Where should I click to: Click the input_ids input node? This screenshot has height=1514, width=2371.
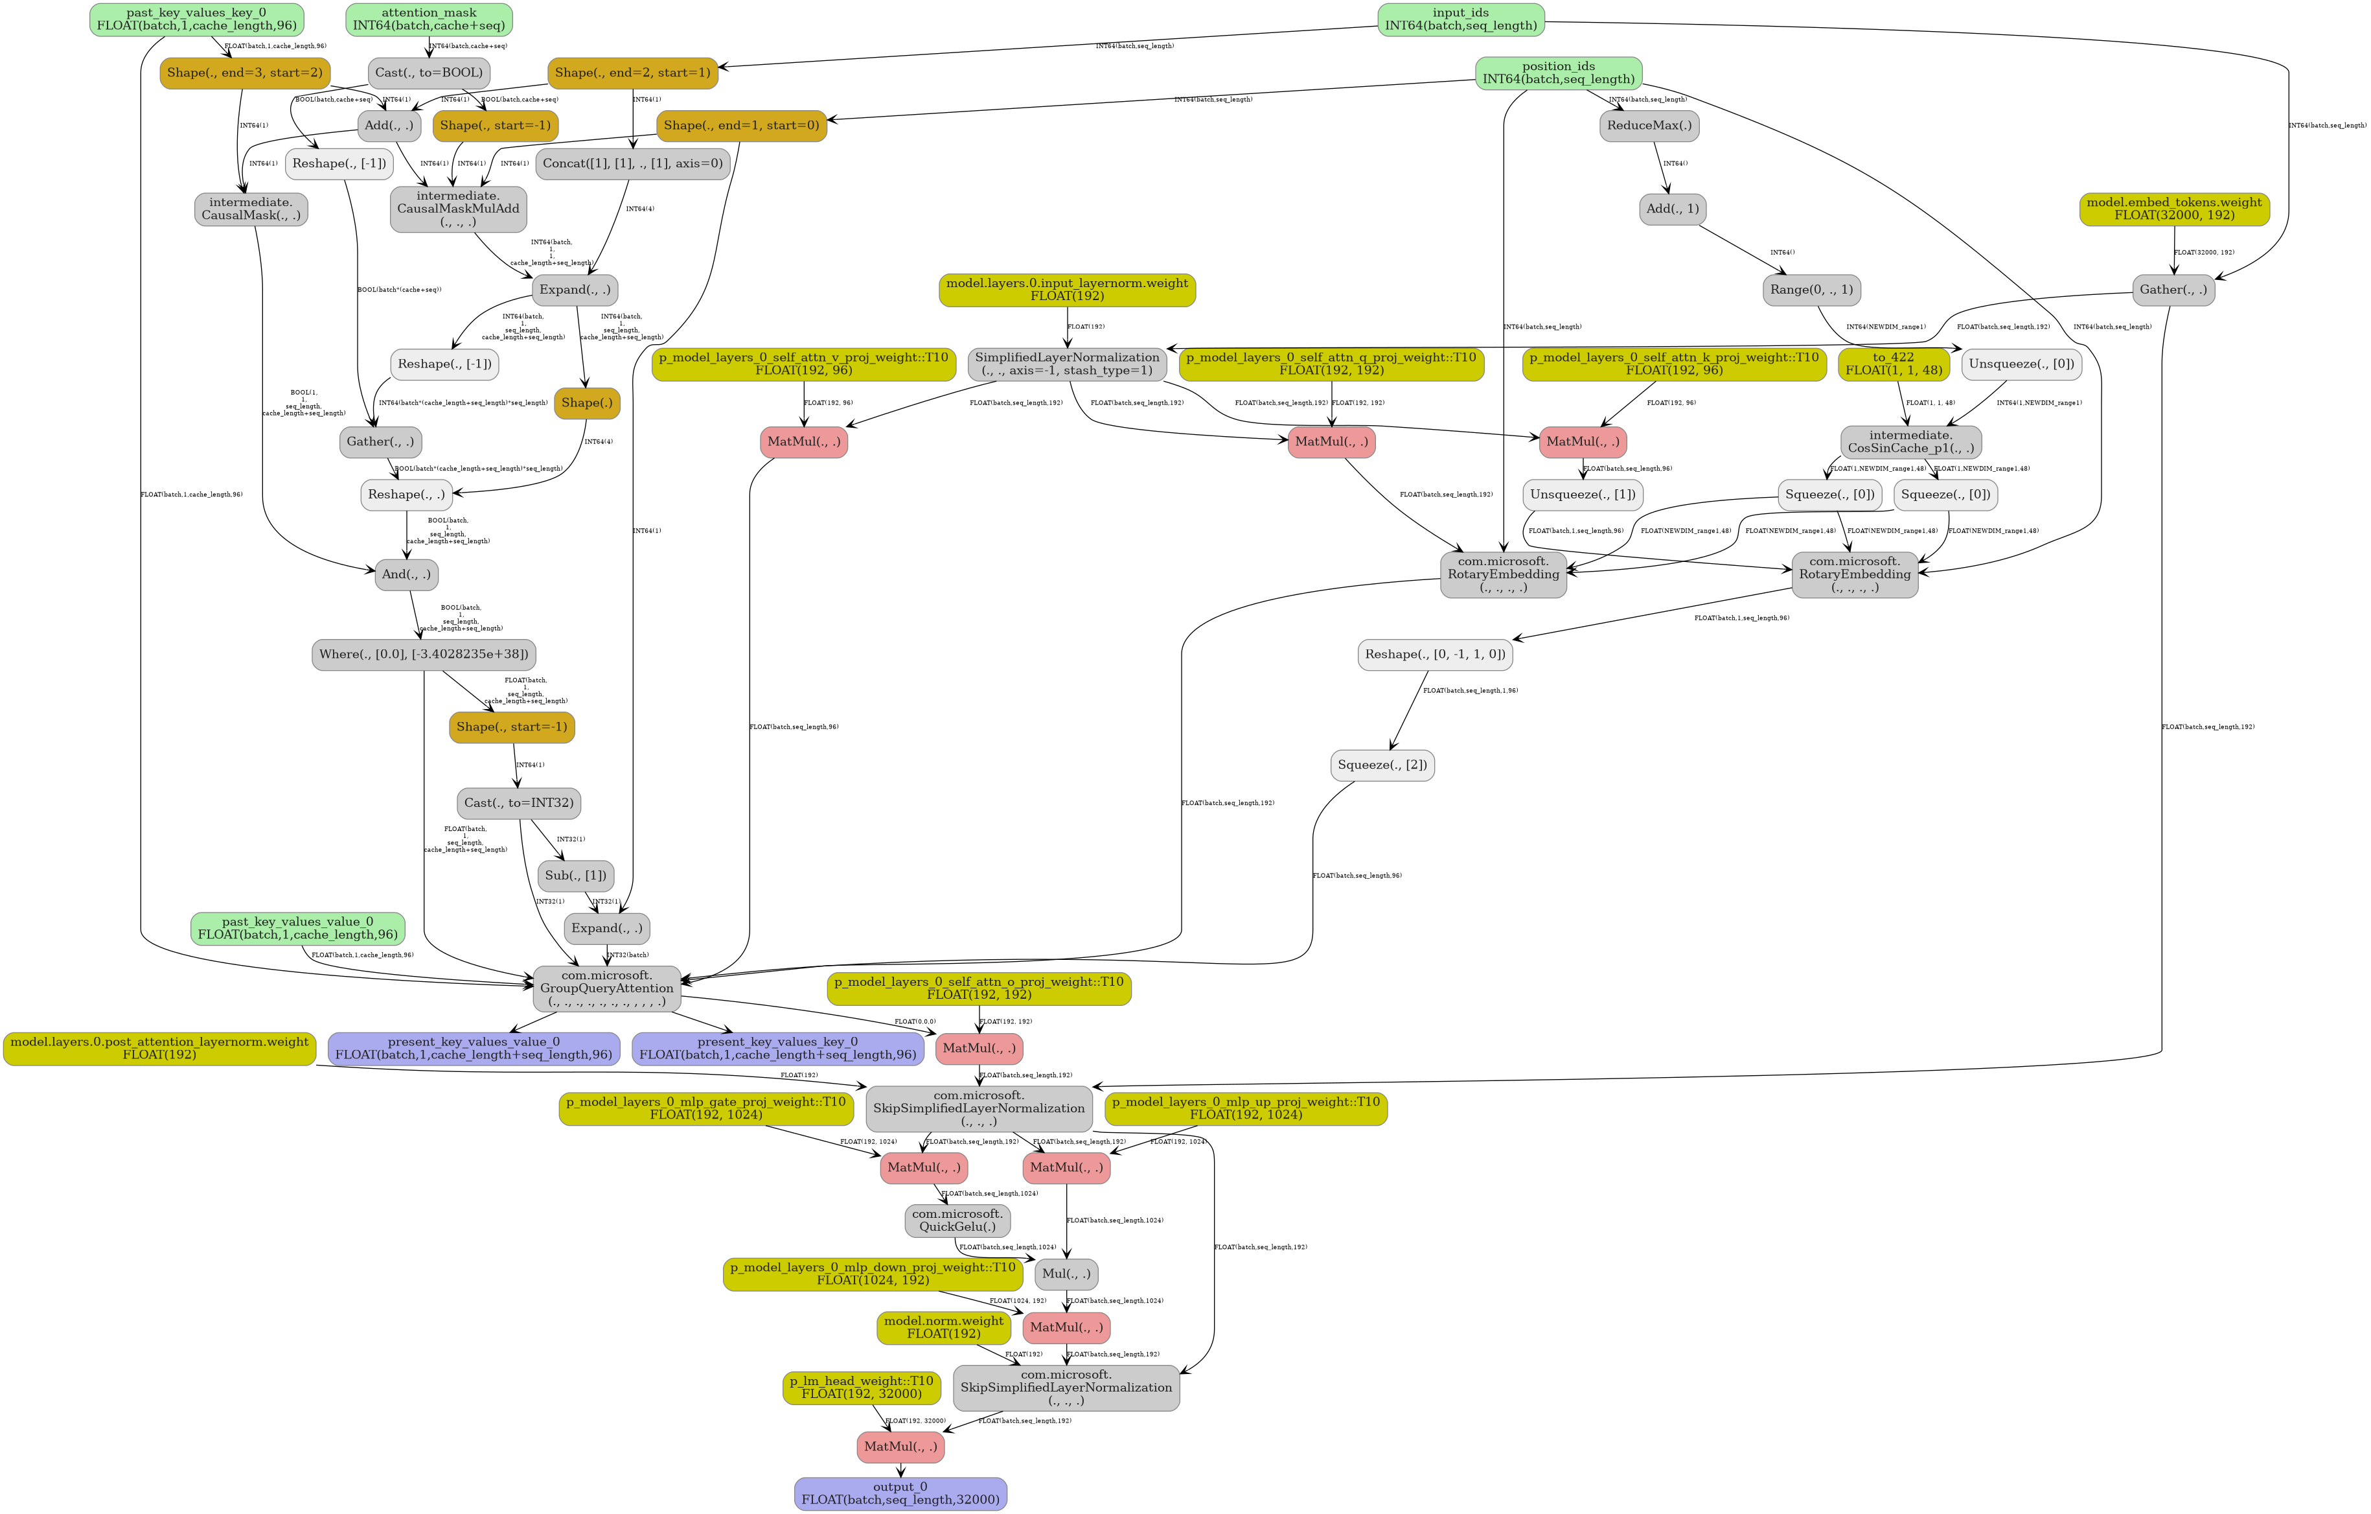click(x=1460, y=19)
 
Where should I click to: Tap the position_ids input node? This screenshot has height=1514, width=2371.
click(x=1558, y=73)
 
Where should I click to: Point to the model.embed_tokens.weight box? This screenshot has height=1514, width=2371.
click(x=2174, y=209)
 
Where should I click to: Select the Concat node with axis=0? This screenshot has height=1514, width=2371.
click(x=632, y=163)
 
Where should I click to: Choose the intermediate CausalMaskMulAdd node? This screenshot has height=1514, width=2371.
click(x=458, y=209)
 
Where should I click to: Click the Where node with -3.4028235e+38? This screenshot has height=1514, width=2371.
click(x=424, y=654)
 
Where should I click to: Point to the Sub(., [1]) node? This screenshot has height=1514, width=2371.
click(x=575, y=876)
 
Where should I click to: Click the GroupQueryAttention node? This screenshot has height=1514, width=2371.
click(x=606, y=988)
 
